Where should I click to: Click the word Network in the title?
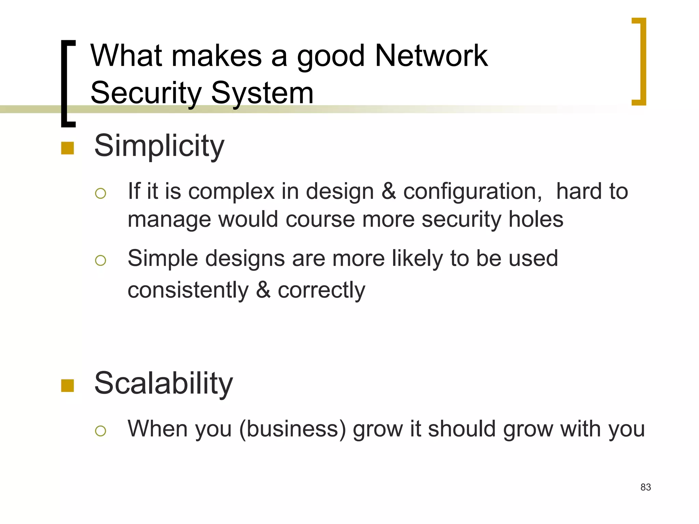(431, 56)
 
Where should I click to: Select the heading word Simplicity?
(159, 146)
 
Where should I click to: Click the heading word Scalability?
(163, 383)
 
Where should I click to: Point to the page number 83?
(645, 487)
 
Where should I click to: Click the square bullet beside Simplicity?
(68, 148)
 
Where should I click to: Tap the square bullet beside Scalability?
(68, 385)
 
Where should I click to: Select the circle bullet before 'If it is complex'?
(101, 193)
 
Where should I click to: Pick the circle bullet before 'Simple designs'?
(101, 261)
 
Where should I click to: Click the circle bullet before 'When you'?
(101, 431)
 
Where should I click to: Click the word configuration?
(472, 192)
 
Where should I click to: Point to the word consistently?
(188, 291)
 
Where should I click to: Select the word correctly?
(321, 291)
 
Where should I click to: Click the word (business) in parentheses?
(293, 429)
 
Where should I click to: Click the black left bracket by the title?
(68, 84)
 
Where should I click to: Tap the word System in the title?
(262, 93)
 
